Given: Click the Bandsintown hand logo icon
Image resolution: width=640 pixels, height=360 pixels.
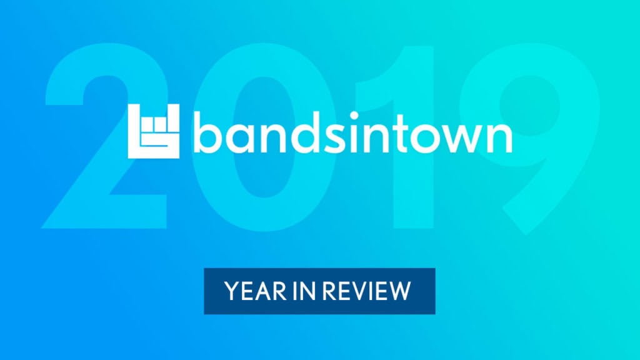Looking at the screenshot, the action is (x=154, y=131).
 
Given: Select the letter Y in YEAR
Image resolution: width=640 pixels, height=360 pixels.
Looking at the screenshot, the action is (x=232, y=291).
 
